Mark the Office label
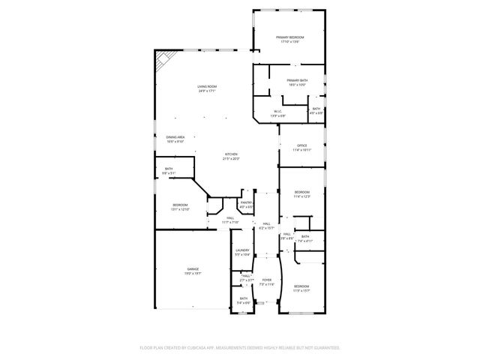(302, 148)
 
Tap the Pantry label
(246, 204)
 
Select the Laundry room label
(241, 252)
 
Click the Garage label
(193, 271)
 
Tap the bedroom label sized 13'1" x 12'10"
(180, 207)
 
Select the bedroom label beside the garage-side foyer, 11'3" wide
(301, 289)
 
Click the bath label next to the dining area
(169, 170)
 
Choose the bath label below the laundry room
(244, 300)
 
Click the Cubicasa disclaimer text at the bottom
(240, 348)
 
